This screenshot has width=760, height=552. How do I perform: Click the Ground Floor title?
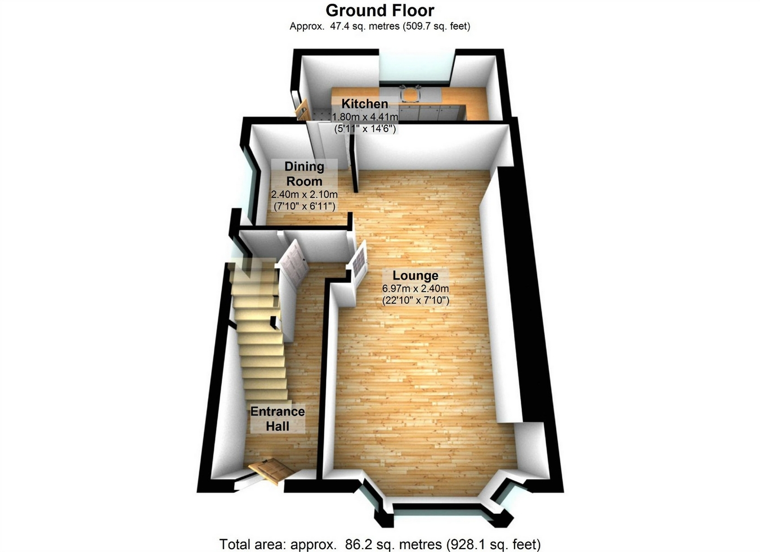[x=379, y=10]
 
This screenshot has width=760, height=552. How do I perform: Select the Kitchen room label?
[x=364, y=104]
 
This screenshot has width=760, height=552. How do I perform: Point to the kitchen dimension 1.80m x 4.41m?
[x=365, y=117]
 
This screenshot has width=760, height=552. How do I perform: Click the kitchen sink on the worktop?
[x=410, y=95]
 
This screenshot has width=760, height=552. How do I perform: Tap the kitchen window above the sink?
[x=416, y=68]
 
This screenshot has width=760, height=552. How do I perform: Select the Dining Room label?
[x=304, y=174]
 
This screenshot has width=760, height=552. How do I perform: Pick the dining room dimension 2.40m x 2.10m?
[x=304, y=195]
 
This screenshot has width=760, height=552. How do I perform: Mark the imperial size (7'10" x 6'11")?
[x=304, y=207]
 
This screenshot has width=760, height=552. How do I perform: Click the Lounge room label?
[x=415, y=276]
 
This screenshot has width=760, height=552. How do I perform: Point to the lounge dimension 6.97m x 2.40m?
[x=415, y=289]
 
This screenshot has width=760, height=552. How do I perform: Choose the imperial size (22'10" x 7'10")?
[x=415, y=300]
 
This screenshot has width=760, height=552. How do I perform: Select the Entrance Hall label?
[x=278, y=419]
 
